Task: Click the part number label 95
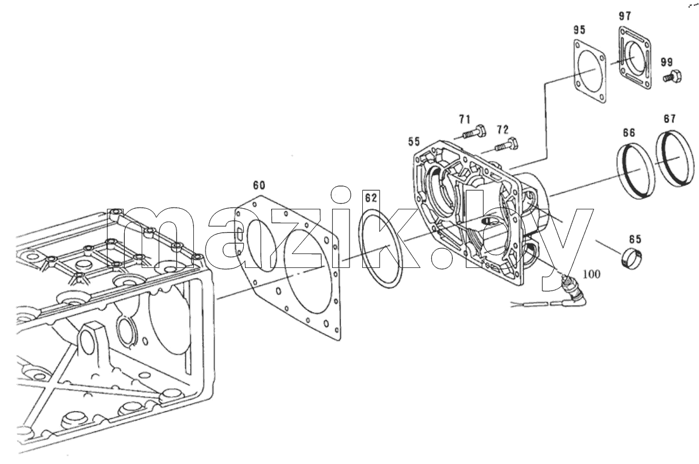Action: point(579,30)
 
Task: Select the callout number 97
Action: point(625,16)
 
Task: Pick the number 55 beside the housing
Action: point(414,142)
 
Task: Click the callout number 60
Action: point(259,185)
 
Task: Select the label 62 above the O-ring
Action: point(371,198)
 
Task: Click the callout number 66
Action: point(629,132)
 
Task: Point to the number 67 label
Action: point(669,118)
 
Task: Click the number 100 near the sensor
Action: point(592,274)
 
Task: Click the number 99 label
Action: point(666,63)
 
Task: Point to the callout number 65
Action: point(635,239)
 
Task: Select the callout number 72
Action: point(503,130)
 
